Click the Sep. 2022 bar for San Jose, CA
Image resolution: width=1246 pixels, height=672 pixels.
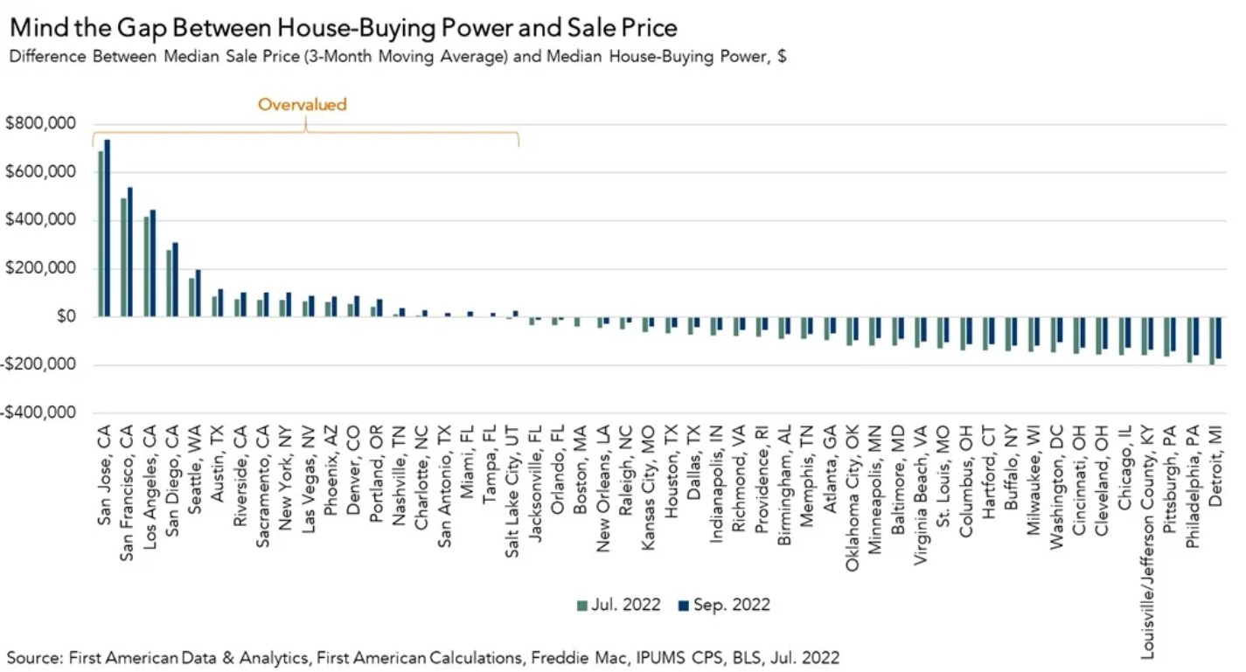click(x=108, y=227)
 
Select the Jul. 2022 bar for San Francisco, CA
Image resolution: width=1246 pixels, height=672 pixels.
click(x=123, y=257)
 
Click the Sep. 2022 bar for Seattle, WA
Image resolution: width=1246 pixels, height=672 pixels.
click(x=198, y=293)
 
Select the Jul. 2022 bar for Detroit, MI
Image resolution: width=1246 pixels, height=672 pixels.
click(x=1212, y=341)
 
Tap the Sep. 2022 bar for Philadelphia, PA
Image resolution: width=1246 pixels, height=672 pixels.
click(x=1196, y=336)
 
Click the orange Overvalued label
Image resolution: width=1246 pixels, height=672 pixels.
click(x=302, y=105)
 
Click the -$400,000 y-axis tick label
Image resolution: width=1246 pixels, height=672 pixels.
click(x=39, y=412)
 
